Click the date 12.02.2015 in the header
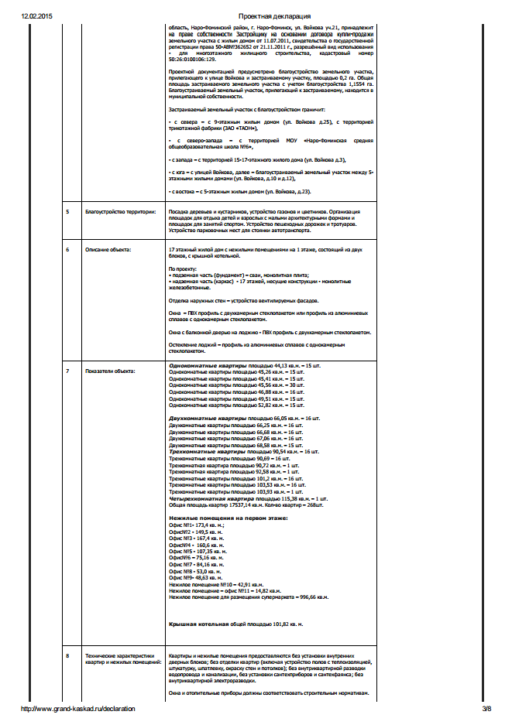pos(36,15)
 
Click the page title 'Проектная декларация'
pos(275,15)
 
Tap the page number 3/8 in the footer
pos(486,708)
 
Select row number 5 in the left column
pos(67,211)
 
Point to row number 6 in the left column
pos(67,250)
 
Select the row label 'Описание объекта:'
pos(108,250)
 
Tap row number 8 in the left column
pos(67,656)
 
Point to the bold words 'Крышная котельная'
pos(198,622)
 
